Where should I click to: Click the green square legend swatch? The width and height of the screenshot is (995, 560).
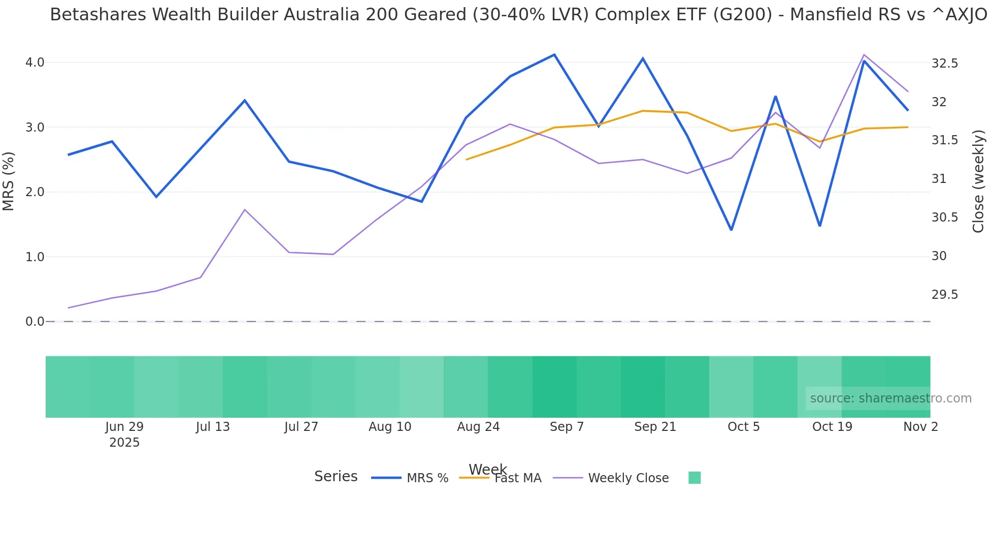(694, 478)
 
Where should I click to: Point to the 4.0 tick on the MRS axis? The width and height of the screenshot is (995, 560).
(35, 63)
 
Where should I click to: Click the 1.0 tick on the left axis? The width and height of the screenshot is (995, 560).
(35, 257)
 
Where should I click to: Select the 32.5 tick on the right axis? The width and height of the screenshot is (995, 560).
(945, 64)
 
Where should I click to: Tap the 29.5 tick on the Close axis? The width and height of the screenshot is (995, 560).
(945, 295)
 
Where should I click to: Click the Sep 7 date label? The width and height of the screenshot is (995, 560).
(567, 427)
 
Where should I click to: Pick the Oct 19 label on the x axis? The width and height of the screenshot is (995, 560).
(832, 427)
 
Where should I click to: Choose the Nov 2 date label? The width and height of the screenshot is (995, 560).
(920, 427)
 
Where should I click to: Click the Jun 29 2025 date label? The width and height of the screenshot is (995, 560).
(124, 434)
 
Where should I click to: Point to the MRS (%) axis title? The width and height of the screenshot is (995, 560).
(9, 181)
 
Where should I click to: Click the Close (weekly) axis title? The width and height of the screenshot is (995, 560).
(978, 181)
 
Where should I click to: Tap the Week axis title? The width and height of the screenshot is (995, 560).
(487, 469)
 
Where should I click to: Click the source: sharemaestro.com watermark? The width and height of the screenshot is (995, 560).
(890, 398)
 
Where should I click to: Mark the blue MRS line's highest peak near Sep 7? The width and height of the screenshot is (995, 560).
(554, 54)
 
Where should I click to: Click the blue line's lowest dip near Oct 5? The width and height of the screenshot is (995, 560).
(731, 230)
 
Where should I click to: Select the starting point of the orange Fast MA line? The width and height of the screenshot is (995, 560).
(467, 160)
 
